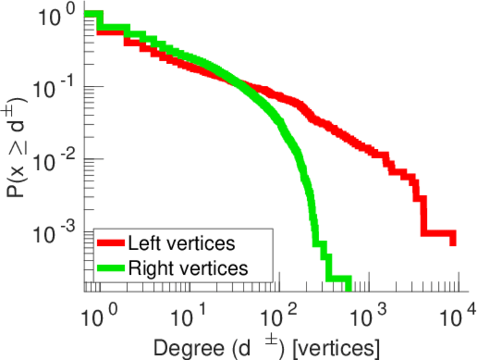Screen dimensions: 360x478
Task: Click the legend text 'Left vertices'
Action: click(181, 244)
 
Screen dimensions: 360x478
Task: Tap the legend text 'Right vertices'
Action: click(188, 267)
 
